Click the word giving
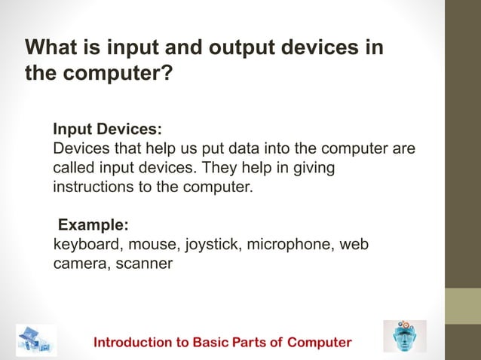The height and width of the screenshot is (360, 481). tap(311, 166)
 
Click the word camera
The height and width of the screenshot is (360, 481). tap(78, 264)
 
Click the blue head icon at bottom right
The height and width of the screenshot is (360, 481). tap(404, 337)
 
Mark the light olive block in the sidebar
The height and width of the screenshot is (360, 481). tap(462, 306)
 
